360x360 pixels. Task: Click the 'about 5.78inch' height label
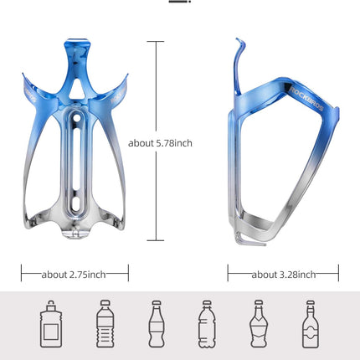pos(161,143)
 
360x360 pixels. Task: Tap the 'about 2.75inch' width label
pos(75,274)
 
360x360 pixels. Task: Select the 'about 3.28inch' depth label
pos(283,274)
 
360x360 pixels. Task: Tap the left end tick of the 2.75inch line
pos(21,274)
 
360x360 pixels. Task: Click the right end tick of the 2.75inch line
pos(128,274)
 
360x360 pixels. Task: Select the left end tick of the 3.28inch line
pos(228,274)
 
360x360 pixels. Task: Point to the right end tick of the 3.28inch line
pos(338,274)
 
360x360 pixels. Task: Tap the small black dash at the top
pos(198,3)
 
